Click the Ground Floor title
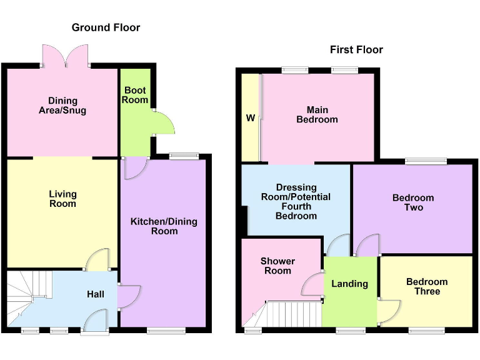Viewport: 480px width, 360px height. tap(106, 27)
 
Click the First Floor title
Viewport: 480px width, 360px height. tap(356, 49)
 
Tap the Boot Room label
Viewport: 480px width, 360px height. tap(135, 95)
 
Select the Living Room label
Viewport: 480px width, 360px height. tap(62, 199)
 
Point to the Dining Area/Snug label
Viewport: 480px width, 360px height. tap(62, 106)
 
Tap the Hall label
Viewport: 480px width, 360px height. tap(96, 294)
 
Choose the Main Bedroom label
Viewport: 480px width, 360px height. tap(317, 114)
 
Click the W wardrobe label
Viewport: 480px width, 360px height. tap(251, 118)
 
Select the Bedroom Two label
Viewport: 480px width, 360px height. tap(412, 202)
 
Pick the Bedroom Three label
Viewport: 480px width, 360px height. tap(427, 286)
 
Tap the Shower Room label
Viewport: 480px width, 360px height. tap(277, 266)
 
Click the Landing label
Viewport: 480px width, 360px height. tap(349, 284)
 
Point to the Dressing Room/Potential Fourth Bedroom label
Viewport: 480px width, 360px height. tap(296, 201)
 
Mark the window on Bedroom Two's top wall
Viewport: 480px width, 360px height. tap(426, 161)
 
